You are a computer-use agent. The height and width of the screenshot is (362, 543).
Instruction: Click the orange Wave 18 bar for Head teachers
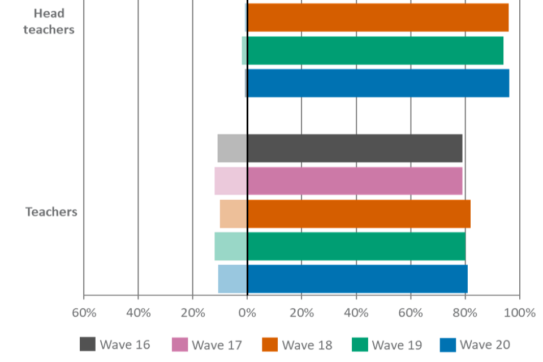[378, 17]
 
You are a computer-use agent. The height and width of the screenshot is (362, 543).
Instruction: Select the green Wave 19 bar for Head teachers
[375, 50]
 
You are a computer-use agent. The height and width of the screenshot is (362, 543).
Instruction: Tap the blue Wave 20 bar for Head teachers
[378, 83]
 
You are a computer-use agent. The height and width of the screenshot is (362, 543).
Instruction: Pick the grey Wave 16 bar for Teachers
[339, 148]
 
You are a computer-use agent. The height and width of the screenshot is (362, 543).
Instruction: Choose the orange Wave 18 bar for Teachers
[345, 214]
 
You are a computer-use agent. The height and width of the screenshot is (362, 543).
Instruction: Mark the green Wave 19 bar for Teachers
[339, 246]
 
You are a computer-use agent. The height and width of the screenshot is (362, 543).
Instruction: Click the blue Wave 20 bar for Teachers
[342, 279]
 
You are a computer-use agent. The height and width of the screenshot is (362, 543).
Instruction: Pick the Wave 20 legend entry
[475, 344]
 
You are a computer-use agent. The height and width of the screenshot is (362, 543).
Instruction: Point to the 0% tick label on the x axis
[247, 313]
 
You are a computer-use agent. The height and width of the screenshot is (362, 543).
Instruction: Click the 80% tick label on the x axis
[466, 313]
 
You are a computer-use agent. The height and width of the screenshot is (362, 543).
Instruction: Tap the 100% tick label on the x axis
[519, 313]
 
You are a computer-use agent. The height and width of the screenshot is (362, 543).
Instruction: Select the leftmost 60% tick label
[84, 313]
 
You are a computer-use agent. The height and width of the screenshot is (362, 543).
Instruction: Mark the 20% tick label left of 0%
[192, 313]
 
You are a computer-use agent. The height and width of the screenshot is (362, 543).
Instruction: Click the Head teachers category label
[49, 21]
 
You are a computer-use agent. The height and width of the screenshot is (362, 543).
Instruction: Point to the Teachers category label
[51, 212]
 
